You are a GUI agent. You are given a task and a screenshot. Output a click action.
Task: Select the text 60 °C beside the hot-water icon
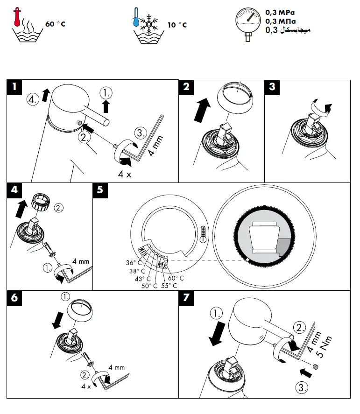[x=55, y=23]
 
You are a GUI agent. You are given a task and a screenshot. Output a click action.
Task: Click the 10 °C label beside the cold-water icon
[x=177, y=24]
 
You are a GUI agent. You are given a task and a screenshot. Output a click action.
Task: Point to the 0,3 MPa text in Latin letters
[x=280, y=13]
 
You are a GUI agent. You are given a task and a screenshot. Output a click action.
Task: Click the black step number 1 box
[x=15, y=87]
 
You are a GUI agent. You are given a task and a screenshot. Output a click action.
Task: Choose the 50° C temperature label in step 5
[x=149, y=285]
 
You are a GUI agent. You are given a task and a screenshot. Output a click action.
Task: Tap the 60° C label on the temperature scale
[x=176, y=278]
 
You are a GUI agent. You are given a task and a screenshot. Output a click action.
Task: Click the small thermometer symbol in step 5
[x=202, y=232]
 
